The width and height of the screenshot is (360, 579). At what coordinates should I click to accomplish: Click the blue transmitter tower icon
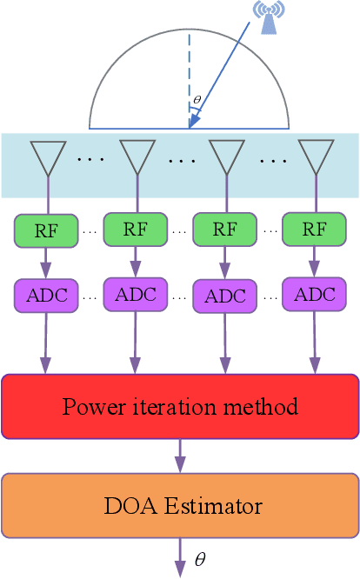(x=268, y=18)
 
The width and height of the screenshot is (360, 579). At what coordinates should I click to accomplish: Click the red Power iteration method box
(x=180, y=406)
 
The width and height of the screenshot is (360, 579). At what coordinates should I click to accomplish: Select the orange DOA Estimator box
(x=180, y=504)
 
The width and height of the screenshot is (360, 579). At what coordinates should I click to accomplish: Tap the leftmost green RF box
(x=46, y=230)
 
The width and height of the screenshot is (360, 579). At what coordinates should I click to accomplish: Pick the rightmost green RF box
(x=314, y=229)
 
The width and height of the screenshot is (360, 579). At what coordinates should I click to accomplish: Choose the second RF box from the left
(x=135, y=229)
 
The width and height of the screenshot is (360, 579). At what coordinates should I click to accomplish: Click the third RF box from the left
(x=224, y=230)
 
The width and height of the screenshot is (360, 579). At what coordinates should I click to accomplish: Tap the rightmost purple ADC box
(x=314, y=294)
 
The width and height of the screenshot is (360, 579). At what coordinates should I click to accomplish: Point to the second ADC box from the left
(x=135, y=294)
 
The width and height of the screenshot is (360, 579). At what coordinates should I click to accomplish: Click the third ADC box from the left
(x=224, y=296)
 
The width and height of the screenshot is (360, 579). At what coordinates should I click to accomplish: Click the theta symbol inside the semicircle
(x=197, y=99)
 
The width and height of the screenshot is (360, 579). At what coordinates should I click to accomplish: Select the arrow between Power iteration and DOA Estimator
(x=180, y=455)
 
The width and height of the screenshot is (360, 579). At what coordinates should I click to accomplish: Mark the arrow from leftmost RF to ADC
(x=46, y=261)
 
